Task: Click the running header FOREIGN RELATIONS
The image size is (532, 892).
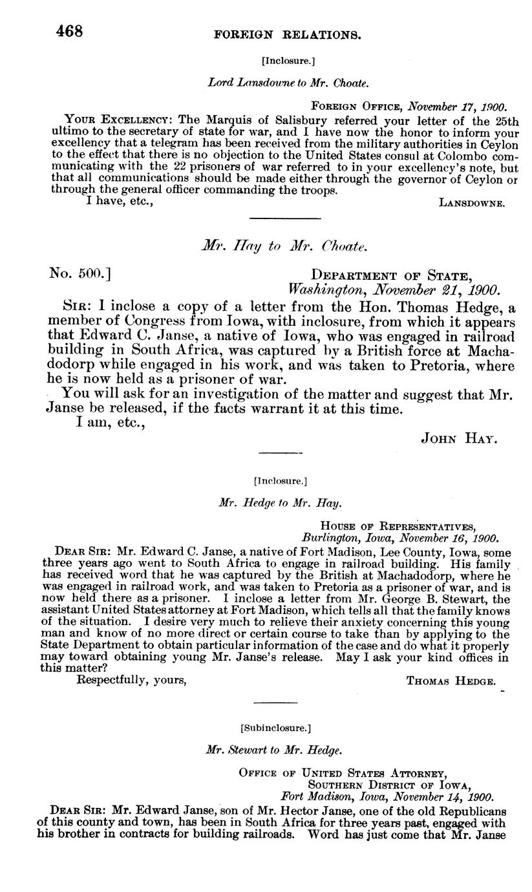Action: pyautogui.click(x=287, y=34)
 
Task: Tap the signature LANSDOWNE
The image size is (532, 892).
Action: pyautogui.click(x=471, y=203)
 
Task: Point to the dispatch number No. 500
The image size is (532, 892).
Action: pyautogui.click(x=80, y=273)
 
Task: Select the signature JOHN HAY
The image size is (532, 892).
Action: pyautogui.click(x=458, y=438)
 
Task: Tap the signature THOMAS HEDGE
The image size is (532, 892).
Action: pyautogui.click(x=451, y=681)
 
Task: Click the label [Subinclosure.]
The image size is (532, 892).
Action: pyautogui.click(x=275, y=728)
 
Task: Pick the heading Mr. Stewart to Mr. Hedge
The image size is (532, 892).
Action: pyautogui.click(x=273, y=750)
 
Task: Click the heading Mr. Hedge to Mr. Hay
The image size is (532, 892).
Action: pyautogui.click(x=280, y=502)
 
